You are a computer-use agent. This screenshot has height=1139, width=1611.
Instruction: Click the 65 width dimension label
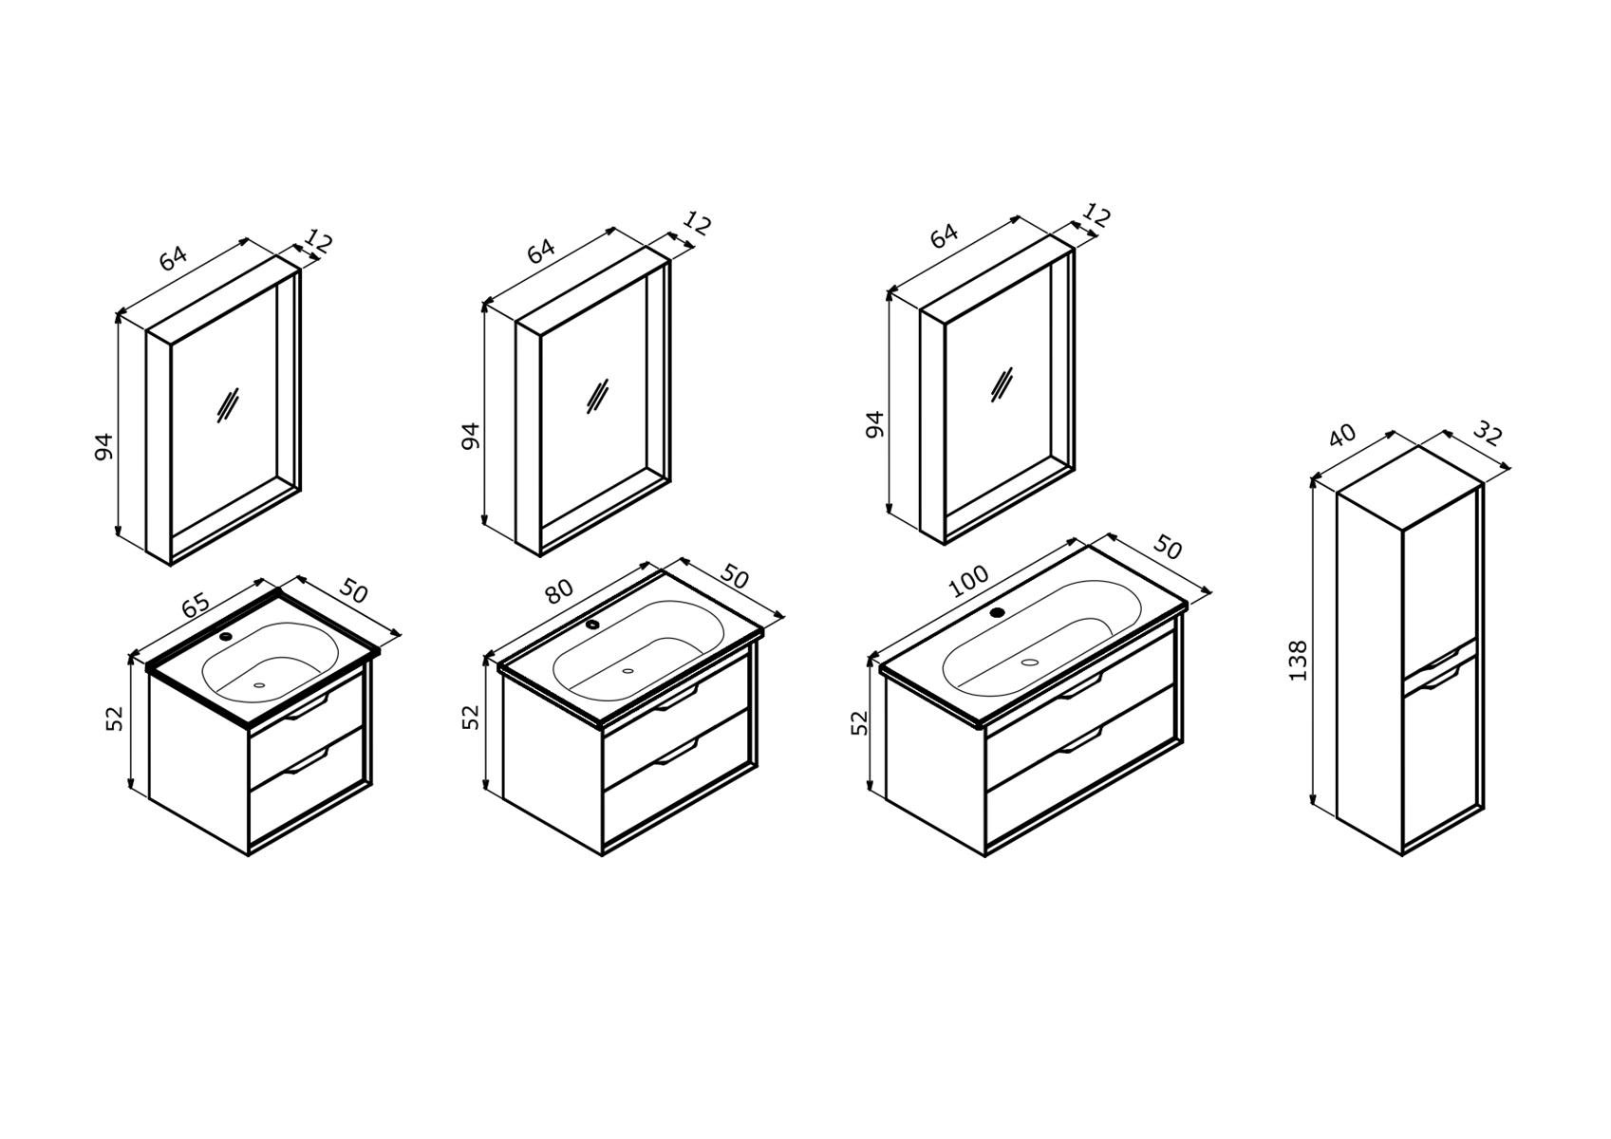click(196, 605)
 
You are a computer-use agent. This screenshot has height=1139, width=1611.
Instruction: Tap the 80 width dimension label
click(559, 591)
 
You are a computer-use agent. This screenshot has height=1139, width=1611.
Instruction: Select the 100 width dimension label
click(968, 582)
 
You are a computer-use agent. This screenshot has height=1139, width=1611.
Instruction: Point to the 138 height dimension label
click(1298, 661)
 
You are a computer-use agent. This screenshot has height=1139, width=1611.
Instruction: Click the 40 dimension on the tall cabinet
click(1342, 435)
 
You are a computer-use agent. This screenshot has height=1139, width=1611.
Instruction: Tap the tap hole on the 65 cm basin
click(227, 636)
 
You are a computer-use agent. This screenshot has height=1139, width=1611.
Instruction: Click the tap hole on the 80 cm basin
click(592, 625)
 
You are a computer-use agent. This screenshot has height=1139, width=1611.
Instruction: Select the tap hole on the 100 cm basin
click(997, 612)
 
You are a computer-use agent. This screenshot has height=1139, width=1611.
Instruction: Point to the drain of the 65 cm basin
click(259, 684)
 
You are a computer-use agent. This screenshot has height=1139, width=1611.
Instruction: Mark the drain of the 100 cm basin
click(1031, 661)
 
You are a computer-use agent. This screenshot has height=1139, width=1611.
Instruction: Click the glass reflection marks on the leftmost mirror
click(227, 405)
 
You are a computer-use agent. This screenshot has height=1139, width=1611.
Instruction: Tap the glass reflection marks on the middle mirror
click(598, 397)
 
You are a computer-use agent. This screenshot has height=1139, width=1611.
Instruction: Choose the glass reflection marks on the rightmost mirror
click(1002, 384)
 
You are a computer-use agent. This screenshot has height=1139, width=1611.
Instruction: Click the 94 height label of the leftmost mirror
click(104, 446)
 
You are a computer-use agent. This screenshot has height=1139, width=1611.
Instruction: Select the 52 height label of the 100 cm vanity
click(860, 722)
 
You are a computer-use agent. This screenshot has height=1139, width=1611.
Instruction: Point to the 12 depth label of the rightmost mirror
click(1097, 215)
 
